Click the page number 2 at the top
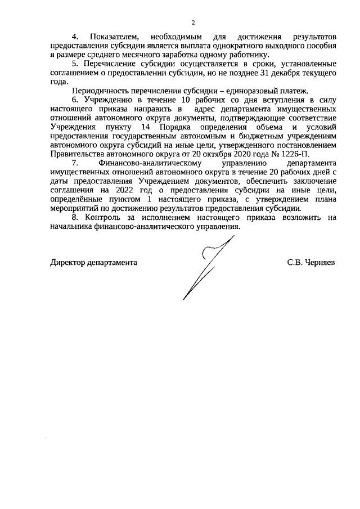point(192,23)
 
